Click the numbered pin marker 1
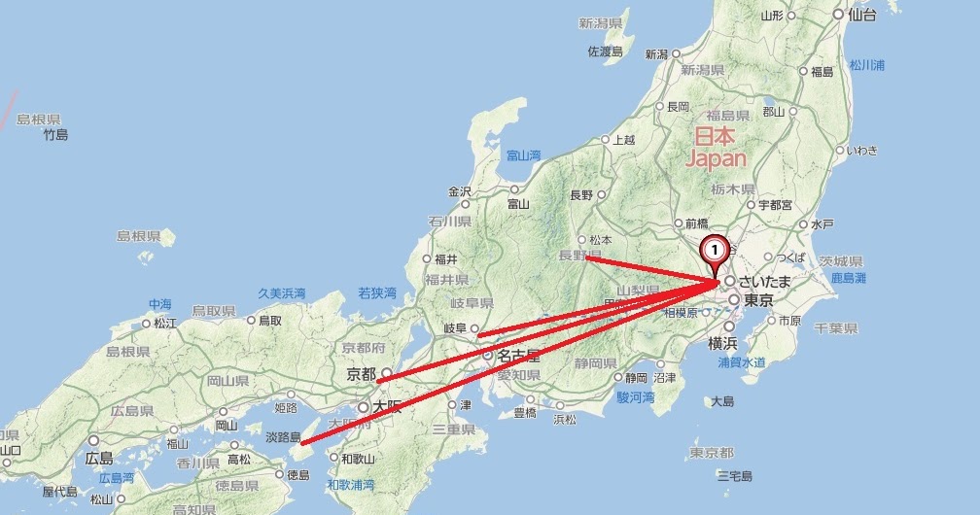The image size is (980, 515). pyautogui.click(x=715, y=251)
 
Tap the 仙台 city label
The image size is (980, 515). pyautogui.click(x=861, y=15)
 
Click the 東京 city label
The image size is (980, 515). pyautogui.click(x=757, y=301)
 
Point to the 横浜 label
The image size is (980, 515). pyautogui.click(x=723, y=342)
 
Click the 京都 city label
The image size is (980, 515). pyautogui.click(x=361, y=373)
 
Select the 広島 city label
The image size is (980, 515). pyautogui.click(x=100, y=458)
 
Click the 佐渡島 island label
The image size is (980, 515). pyautogui.click(x=605, y=52)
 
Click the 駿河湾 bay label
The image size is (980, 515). pyautogui.click(x=636, y=397)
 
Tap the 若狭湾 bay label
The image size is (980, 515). pyautogui.click(x=377, y=292)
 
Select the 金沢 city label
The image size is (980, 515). pyautogui.click(x=460, y=190)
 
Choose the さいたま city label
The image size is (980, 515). pyautogui.click(x=765, y=281)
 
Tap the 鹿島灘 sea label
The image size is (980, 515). pyautogui.click(x=848, y=278)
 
